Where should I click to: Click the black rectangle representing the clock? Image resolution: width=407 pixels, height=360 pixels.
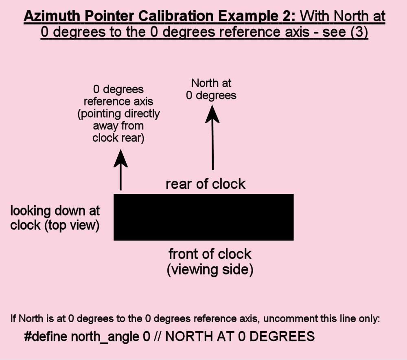click(x=203, y=217)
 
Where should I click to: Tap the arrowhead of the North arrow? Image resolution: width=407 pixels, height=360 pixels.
click(x=212, y=114)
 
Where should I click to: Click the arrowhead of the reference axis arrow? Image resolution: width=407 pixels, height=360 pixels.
click(x=120, y=158)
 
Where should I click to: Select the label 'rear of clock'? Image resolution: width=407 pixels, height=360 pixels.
click(x=206, y=184)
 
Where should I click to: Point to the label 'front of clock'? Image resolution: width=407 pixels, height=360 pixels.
click(x=210, y=254)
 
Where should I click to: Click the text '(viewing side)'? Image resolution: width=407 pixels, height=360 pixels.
click(x=210, y=270)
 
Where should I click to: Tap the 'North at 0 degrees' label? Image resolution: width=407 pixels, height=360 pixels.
click(x=211, y=89)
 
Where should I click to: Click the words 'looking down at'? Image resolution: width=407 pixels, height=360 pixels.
click(x=55, y=211)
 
